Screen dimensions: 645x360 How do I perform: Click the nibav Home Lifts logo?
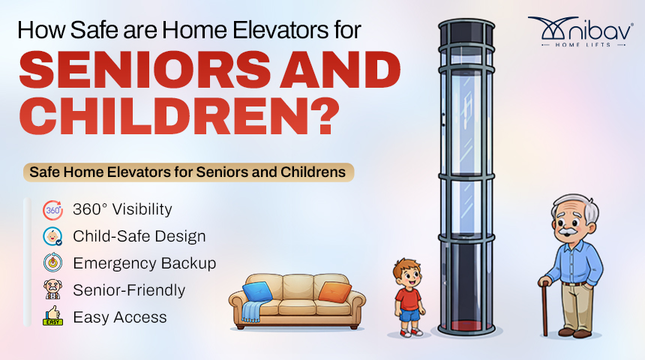[580, 31]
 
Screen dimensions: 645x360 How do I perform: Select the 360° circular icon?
[53, 210]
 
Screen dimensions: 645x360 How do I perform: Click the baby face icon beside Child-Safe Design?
[53, 236]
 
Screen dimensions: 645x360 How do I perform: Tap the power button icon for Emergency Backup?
[53, 263]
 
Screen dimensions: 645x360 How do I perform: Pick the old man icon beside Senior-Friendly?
[53, 289]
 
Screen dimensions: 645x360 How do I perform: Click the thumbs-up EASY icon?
[53, 316]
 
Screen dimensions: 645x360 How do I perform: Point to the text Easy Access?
[120, 317]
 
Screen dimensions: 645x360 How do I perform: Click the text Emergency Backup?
[145, 263]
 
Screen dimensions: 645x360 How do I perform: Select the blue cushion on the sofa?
[257, 291]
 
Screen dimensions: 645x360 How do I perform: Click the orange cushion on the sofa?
[334, 292]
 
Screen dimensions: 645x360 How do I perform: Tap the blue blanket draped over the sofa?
[251, 311]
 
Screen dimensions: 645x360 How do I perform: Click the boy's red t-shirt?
[408, 299]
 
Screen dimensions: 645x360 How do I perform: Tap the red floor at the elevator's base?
[466, 325]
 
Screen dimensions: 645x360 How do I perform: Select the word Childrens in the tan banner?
[313, 172]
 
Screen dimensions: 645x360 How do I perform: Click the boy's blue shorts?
[409, 315]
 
